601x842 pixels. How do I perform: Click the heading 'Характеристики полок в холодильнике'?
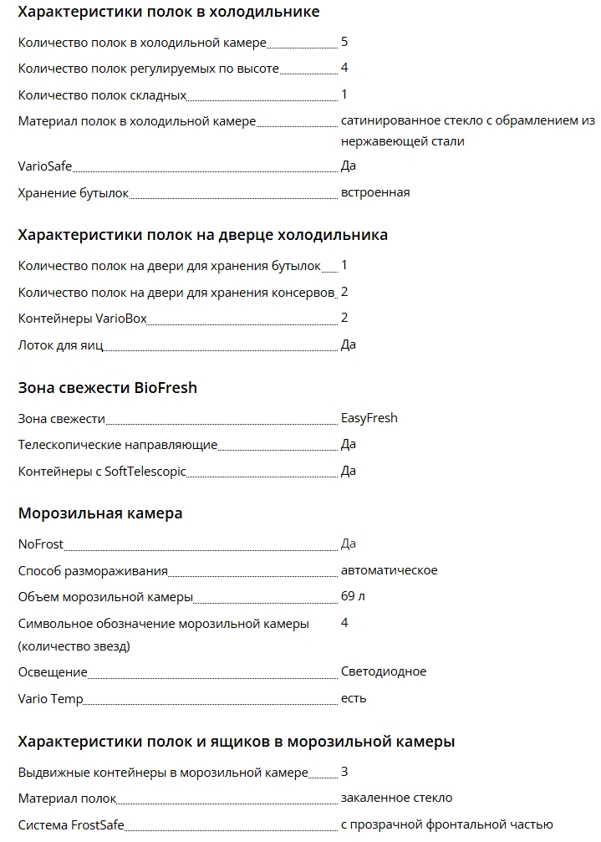(169, 13)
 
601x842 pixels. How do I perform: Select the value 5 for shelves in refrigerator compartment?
(344, 41)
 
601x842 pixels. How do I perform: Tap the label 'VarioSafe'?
(45, 166)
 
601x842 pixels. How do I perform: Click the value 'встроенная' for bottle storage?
(375, 193)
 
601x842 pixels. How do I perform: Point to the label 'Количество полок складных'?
(102, 96)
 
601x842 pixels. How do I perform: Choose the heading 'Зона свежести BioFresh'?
(108, 388)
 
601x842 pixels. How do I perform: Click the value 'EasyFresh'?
(369, 418)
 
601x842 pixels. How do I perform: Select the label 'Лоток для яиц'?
(61, 345)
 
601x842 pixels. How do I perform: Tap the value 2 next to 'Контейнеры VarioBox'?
(344, 318)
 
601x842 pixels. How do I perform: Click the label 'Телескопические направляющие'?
(118, 445)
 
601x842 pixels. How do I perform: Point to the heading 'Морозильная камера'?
(100, 513)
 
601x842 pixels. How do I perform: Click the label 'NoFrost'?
(41, 544)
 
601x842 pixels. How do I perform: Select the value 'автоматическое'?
(390, 570)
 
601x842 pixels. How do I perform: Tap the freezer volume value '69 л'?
(353, 596)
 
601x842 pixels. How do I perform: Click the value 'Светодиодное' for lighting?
(384, 671)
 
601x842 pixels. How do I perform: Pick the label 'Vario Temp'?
(50, 699)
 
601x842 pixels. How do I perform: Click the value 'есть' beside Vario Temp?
(354, 698)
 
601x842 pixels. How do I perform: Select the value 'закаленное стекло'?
(397, 798)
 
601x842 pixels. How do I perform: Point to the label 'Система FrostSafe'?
(71, 825)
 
